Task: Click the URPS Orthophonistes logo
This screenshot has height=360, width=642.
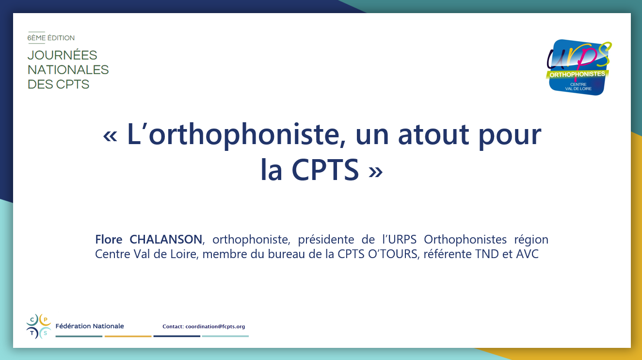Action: (578, 67)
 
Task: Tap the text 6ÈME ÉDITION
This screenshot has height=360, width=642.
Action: (51, 38)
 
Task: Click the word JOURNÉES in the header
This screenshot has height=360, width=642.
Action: (62, 55)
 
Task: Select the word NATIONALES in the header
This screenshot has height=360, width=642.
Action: (68, 70)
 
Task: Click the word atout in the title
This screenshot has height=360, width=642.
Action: (433, 134)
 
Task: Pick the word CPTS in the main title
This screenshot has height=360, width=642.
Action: (325, 169)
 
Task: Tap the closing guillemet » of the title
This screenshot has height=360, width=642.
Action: (375, 172)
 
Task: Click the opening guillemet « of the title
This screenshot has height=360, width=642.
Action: (110, 136)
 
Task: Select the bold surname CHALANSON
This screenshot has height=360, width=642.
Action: (166, 239)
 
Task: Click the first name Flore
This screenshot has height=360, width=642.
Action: (109, 239)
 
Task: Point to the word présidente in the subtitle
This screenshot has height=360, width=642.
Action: (326, 239)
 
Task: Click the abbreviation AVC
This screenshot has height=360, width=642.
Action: (528, 254)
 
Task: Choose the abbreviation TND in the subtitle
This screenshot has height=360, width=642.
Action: (487, 254)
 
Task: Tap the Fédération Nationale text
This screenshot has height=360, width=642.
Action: (90, 326)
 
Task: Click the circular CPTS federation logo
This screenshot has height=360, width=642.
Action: (39, 327)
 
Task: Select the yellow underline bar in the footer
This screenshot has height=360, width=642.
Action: (128, 336)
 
